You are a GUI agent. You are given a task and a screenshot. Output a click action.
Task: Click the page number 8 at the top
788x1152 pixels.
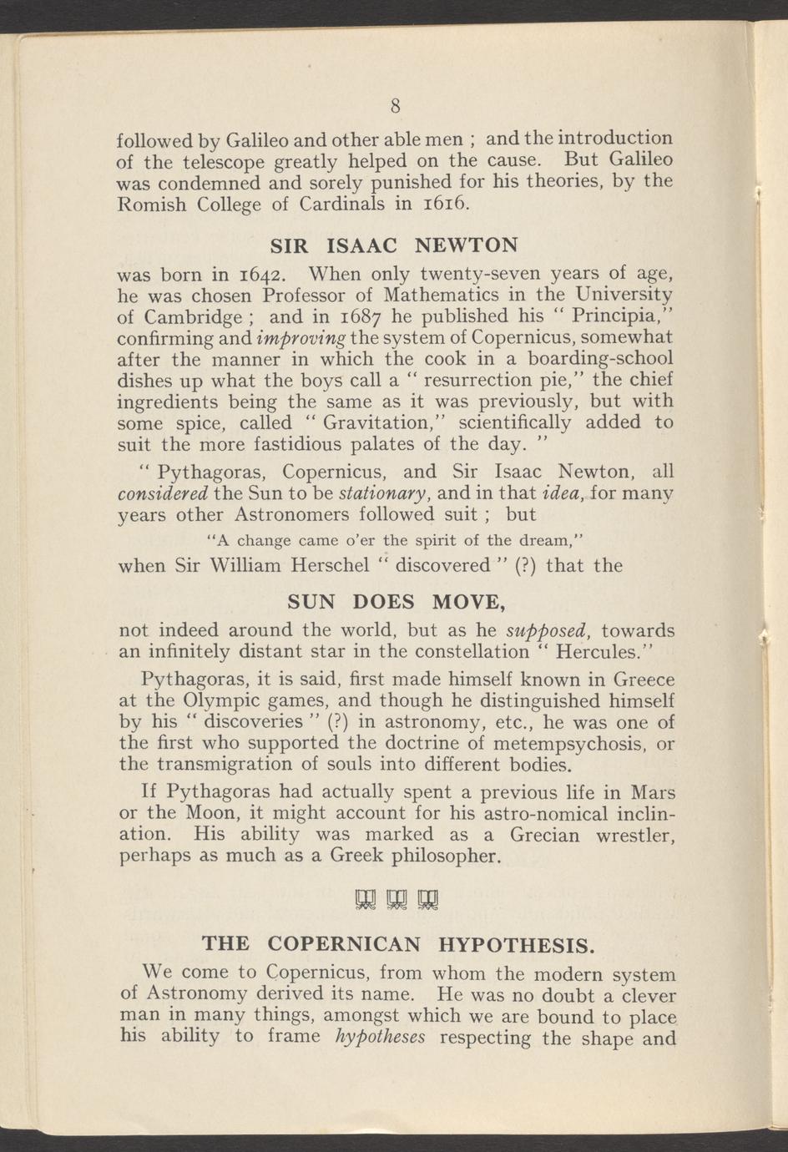(x=397, y=105)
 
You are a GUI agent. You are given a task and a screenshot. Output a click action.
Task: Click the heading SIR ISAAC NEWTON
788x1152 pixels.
(x=396, y=245)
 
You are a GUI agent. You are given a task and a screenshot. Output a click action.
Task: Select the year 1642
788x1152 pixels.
(x=262, y=274)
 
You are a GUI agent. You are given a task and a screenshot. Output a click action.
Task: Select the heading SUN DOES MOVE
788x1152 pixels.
(x=396, y=601)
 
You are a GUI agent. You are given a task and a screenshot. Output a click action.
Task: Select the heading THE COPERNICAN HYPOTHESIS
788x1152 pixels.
(x=399, y=944)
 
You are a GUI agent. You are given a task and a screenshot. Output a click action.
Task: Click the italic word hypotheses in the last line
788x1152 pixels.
(x=380, y=1038)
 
